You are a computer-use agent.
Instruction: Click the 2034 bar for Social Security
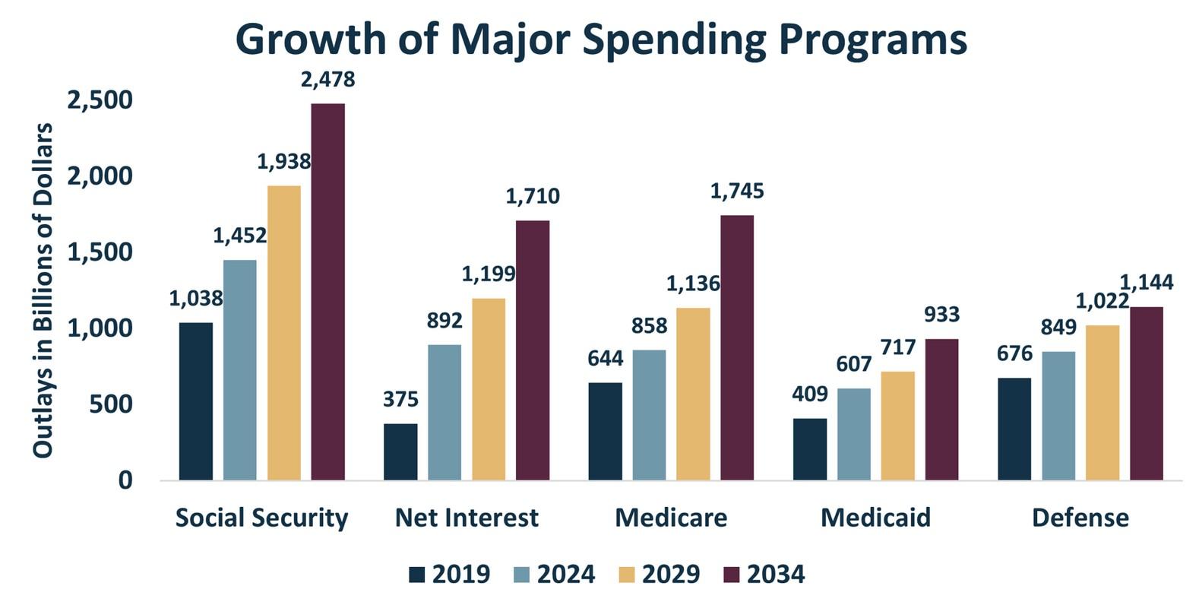tap(327, 292)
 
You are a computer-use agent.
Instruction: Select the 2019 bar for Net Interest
tap(400, 451)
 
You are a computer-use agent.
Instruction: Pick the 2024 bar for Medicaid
tap(854, 434)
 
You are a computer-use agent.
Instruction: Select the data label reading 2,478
tap(327, 80)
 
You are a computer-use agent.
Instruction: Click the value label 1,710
tap(533, 197)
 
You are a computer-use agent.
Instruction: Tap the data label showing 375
tap(400, 399)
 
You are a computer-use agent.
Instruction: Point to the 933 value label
tap(941, 315)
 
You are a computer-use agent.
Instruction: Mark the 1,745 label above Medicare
tap(737, 192)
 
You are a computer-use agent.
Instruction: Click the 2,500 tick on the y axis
tap(100, 100)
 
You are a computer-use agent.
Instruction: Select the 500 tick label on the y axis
tap(111, 404)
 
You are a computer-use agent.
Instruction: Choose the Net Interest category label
tap(467, 518)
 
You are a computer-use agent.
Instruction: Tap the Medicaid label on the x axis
tap(875, 518)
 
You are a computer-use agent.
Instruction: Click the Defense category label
tap(1080, 518)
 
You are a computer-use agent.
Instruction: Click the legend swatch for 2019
tap(417, 574)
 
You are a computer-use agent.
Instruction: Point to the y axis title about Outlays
tap(43, 290)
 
